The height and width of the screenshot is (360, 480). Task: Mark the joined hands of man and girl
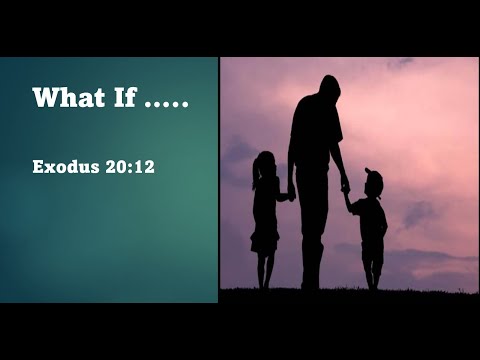(289, 196)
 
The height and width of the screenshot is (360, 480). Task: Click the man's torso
(314, 140)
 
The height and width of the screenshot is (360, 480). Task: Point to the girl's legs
(266, 268)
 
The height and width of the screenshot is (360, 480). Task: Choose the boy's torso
(373, 218)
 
